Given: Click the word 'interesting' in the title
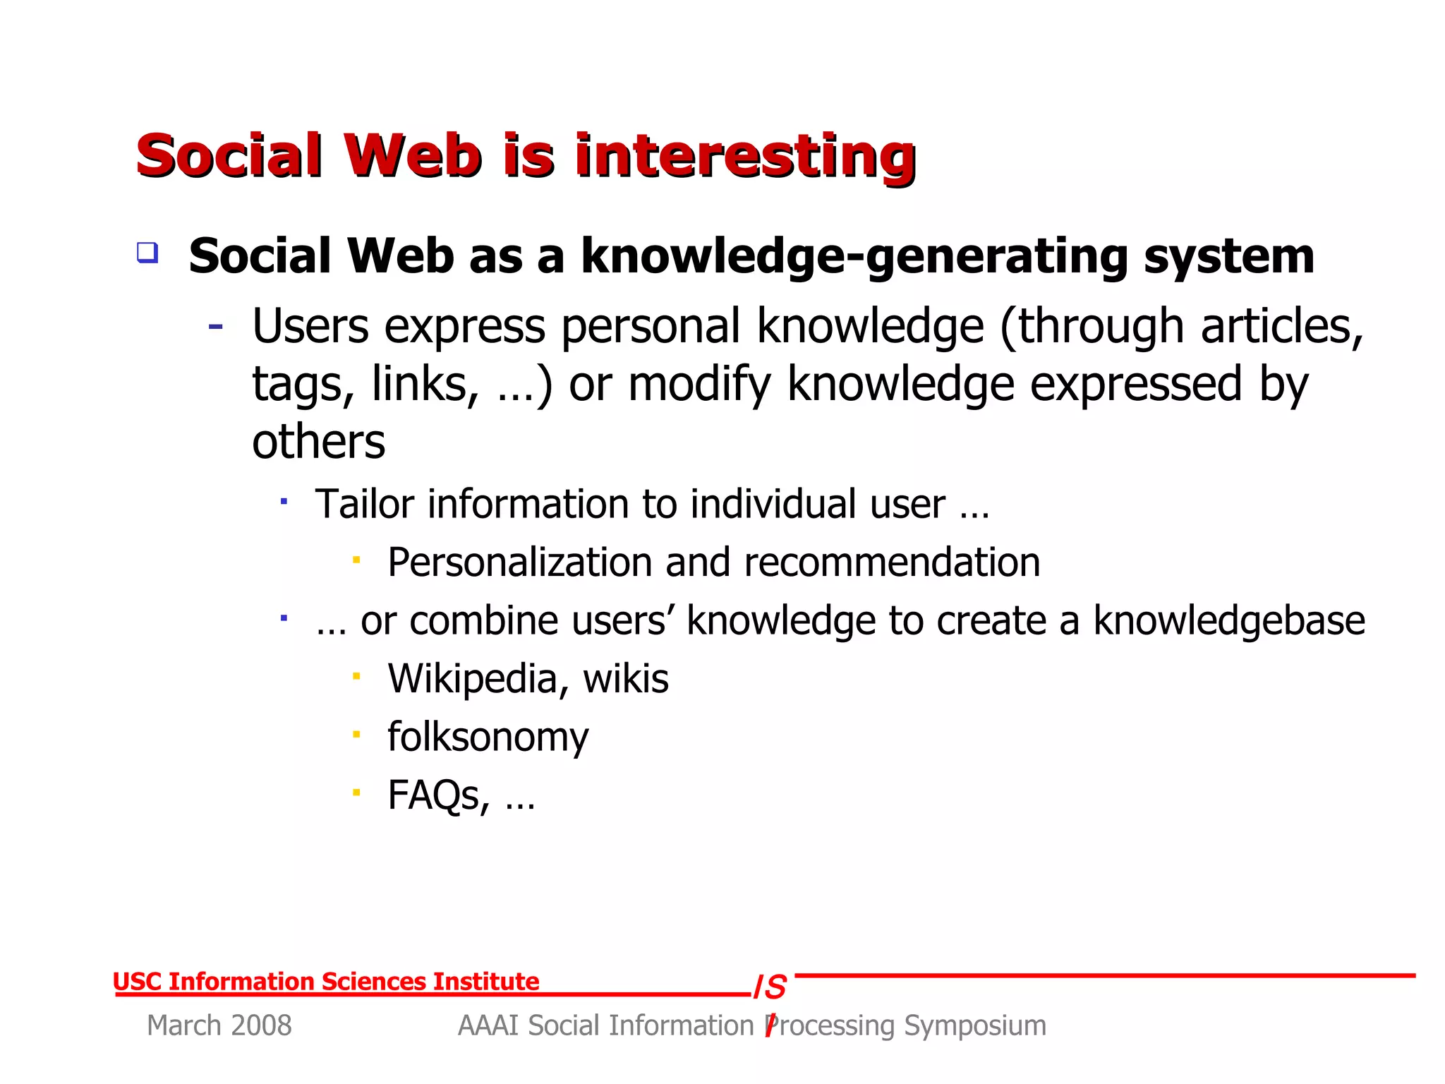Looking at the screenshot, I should [745, 157].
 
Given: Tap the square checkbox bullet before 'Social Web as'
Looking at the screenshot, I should [147, 253].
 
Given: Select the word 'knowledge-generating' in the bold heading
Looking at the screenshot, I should [854, 257].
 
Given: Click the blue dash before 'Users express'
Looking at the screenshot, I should [216, 326].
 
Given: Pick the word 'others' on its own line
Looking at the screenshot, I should [319, 442].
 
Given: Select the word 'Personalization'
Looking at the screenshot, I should [520, 562].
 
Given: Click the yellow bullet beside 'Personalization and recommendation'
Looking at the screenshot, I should [357, 560].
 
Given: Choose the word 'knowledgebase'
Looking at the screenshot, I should [1229, 621].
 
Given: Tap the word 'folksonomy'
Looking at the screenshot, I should [488, 737].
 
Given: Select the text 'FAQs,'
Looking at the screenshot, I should [438, 795].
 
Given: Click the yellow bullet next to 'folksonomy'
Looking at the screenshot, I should [357, 735].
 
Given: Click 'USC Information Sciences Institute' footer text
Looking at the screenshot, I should [326, 982].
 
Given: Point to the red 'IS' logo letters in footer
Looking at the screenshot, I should [770, 987].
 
